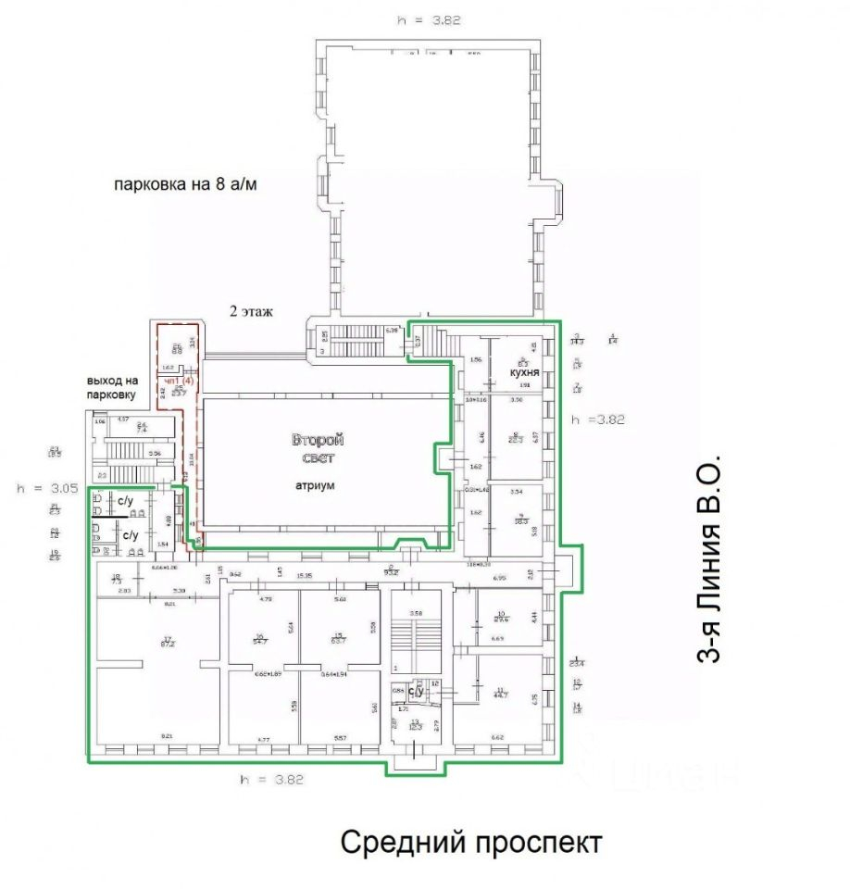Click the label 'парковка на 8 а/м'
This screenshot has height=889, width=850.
pyautogui.click(x=185, y=184)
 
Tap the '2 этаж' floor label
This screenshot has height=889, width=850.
pyautogui.click(x=251, y=312)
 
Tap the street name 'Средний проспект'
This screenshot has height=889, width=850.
pyautogui.click(x=471, y=844)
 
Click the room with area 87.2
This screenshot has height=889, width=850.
pyautogui.click(x=157, y=667)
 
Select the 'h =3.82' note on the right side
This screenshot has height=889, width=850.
pyautogui.click(x=599, y=419)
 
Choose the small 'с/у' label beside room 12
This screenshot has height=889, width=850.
pyautogui.click(x=417, y=691)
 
